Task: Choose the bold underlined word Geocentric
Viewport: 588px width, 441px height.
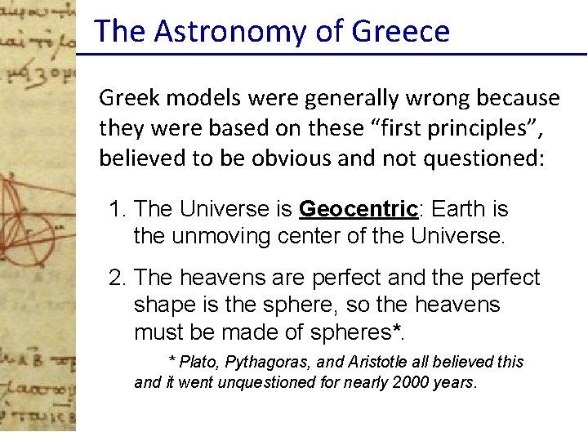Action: (359, 209)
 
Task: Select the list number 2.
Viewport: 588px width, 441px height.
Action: (118, 278)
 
